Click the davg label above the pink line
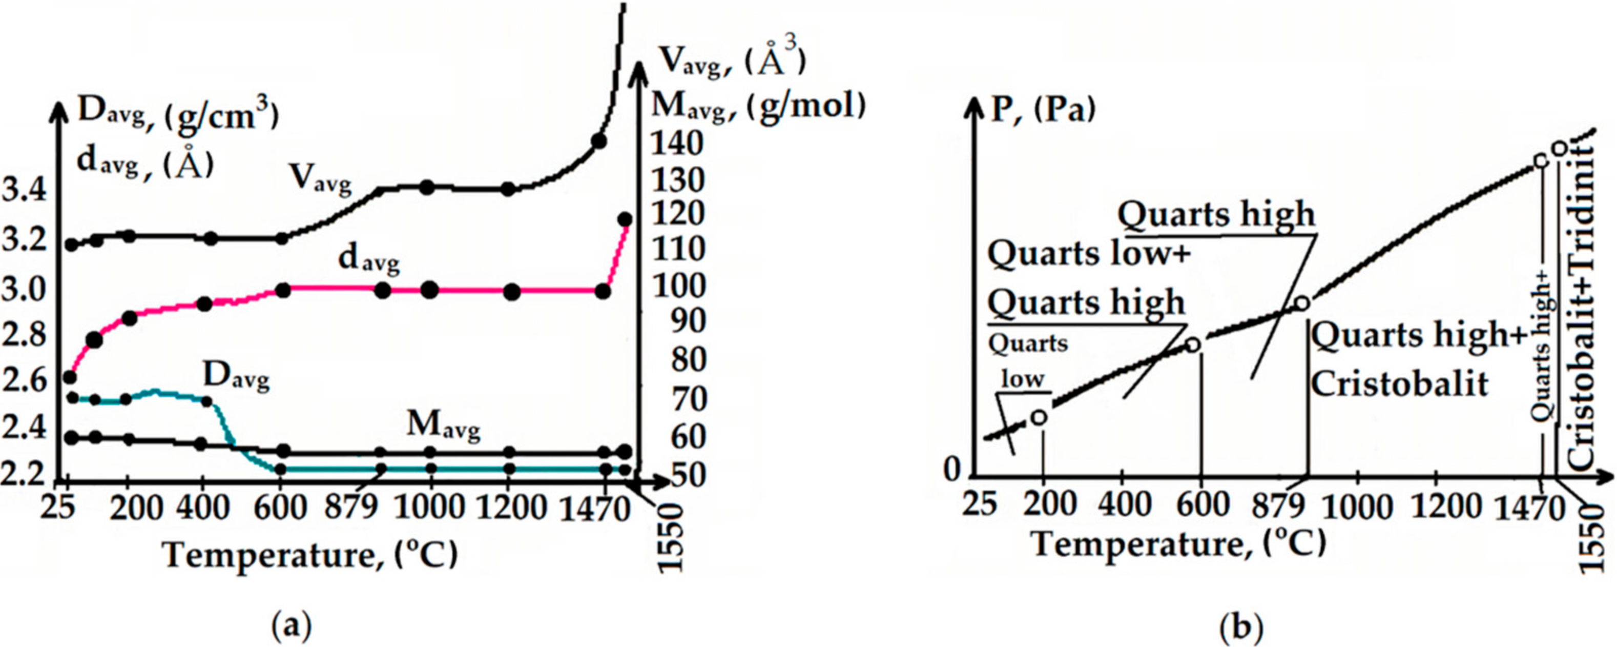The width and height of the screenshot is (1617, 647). [368, 259]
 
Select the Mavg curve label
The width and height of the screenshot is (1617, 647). [443, 427]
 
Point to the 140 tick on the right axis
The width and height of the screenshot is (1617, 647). [675, 143]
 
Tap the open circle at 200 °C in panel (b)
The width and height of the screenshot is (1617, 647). [1040, 416]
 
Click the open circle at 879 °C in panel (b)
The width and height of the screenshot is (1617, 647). [1302, 304]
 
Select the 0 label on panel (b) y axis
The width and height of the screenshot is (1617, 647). [952, 469]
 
